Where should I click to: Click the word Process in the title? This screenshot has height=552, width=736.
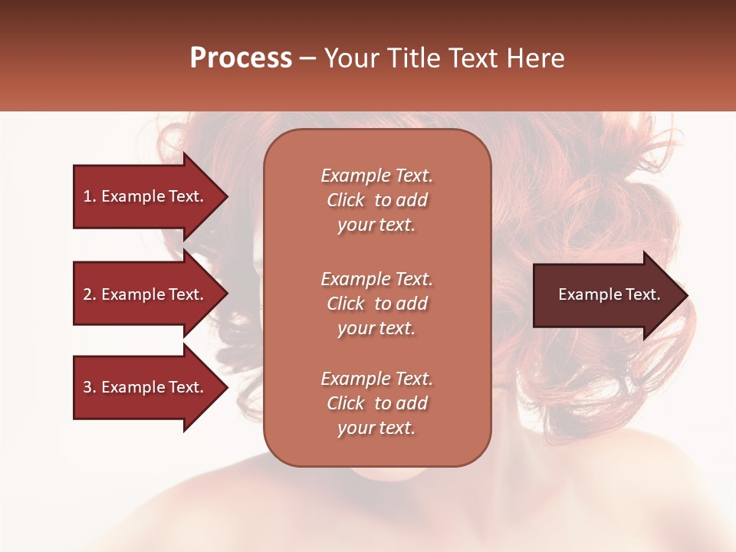[x=241, y=58]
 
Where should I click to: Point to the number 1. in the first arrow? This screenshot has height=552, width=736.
[x=89, y=196]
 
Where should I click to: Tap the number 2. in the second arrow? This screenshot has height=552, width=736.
[x=89, y=294]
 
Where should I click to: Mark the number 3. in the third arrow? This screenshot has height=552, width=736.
[x=89, y=387]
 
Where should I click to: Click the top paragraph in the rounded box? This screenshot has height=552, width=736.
[x=376, y=200]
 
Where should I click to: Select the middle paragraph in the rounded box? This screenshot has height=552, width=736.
[x=376, y=304]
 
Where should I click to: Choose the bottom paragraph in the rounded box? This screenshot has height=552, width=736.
[x=376, y=403]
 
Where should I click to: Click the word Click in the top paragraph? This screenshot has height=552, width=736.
[x=345, y=200]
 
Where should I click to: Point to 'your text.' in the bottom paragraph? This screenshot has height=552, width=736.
[x=376, y=429]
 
